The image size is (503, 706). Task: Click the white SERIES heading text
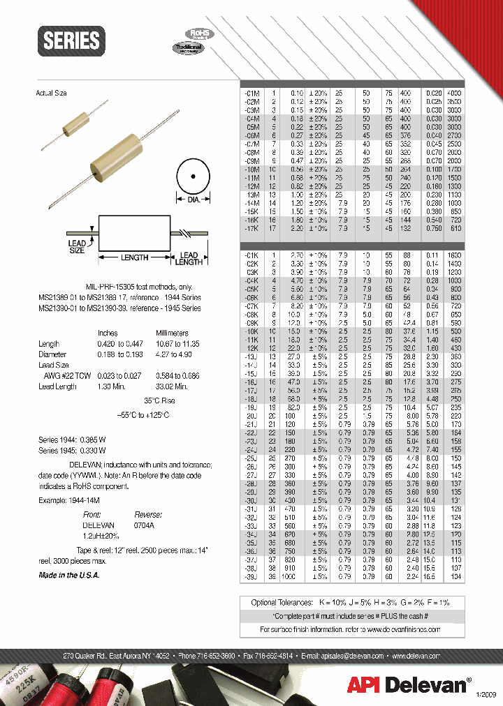[71, 40]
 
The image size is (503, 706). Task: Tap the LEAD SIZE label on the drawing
[77, 247]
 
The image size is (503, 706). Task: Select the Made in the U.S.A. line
[68, 575]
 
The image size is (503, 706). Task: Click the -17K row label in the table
[251, 229]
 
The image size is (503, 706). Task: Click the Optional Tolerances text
[282, 601]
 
